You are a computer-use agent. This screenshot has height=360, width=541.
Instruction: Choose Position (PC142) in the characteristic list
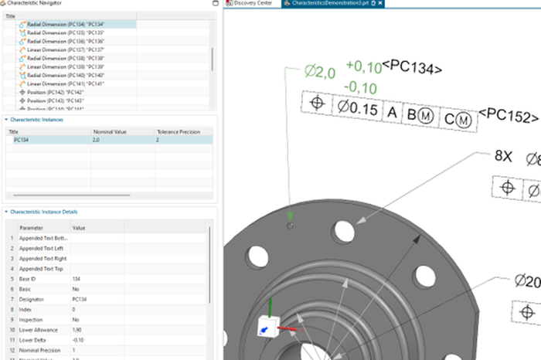(x=55, y=92)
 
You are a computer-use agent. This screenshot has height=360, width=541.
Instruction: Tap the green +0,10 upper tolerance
(x=363, y=66)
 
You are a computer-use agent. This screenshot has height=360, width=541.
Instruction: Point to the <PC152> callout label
(x=508, y=116)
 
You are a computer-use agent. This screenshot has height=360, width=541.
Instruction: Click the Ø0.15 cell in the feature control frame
(x=357, y=109)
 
